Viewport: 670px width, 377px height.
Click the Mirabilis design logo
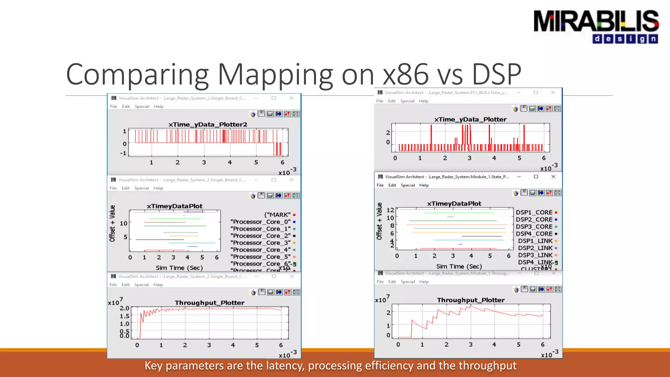tap(596, 27)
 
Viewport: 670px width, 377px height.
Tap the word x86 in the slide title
tap(406, 74)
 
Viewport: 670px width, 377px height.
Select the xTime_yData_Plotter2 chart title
tap(208, 124)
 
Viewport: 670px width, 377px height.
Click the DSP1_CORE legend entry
tap(534, 212)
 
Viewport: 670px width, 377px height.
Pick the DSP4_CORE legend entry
tap(534, 234)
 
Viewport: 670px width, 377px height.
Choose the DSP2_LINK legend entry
tap(535, 248)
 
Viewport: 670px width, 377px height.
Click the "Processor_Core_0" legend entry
tap(260, 222)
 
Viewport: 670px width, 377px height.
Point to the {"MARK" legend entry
tap(277, 215)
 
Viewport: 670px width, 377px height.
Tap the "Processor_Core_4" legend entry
tap(260, 250)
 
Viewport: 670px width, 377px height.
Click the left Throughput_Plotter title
tap(209, 303)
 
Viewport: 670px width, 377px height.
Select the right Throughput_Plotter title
tap(470, 300)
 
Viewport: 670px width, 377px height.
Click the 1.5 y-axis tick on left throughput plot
tap(124, 316)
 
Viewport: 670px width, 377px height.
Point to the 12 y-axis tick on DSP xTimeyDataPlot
tap(390, 210)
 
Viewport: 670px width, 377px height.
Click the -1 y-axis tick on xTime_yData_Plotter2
tap(123, 153)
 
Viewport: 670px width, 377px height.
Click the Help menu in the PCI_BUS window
tap(423, 101)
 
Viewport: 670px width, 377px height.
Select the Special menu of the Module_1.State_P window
tap(408, 185)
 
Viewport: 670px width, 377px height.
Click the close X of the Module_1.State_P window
tap(553, 177)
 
